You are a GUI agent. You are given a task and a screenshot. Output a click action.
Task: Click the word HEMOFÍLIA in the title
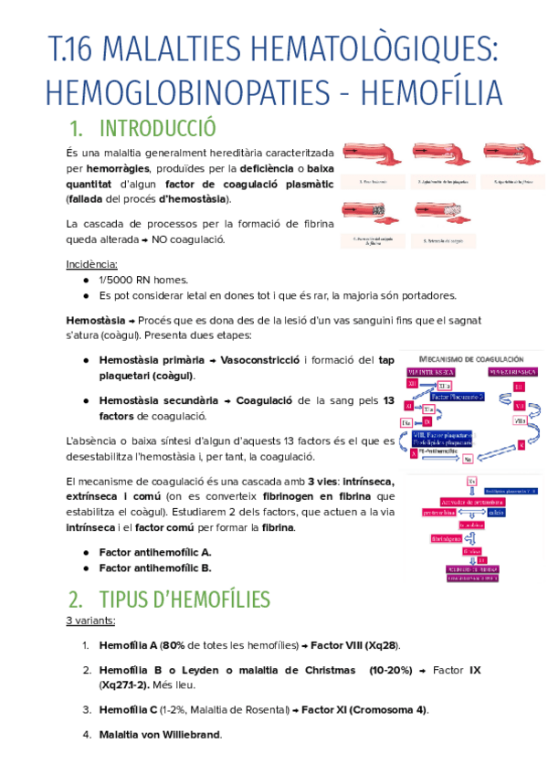tap(432, 91)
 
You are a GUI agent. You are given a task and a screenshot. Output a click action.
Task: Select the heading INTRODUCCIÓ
tap(157, 127)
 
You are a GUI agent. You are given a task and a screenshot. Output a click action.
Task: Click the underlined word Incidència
tap(92, 264)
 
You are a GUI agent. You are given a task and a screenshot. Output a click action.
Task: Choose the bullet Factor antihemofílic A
tap(154, 552)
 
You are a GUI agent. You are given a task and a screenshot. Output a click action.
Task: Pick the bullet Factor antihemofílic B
tap(154, 568)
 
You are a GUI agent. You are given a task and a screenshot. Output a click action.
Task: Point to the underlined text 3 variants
tap(90, 621)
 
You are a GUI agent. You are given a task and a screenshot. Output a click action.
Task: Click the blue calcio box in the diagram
tap(496, 512)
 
